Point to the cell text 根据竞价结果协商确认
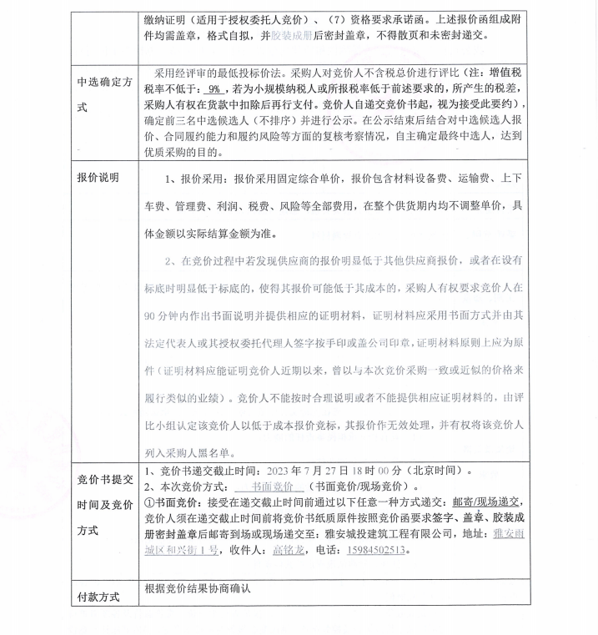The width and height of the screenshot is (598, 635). pos(197,587)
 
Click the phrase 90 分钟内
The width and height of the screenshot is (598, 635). pos(168,317)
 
